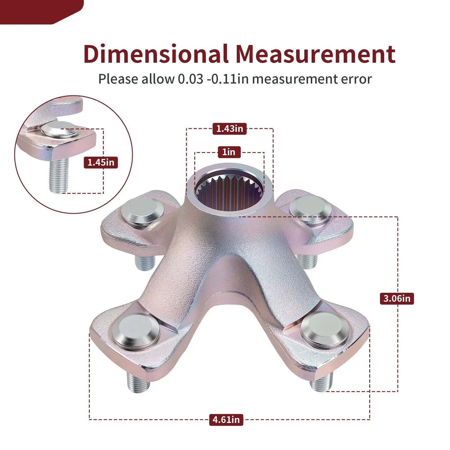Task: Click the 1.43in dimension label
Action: [x=229, y=129]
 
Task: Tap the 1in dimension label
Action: [x=229, y=152]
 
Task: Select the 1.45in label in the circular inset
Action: [x=101, y=162]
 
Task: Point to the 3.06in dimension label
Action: [x=397, y=298]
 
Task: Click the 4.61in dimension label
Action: [x=226, y=420]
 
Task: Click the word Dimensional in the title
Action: [x=156, y=53]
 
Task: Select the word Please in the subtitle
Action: [x=118, y=79]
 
